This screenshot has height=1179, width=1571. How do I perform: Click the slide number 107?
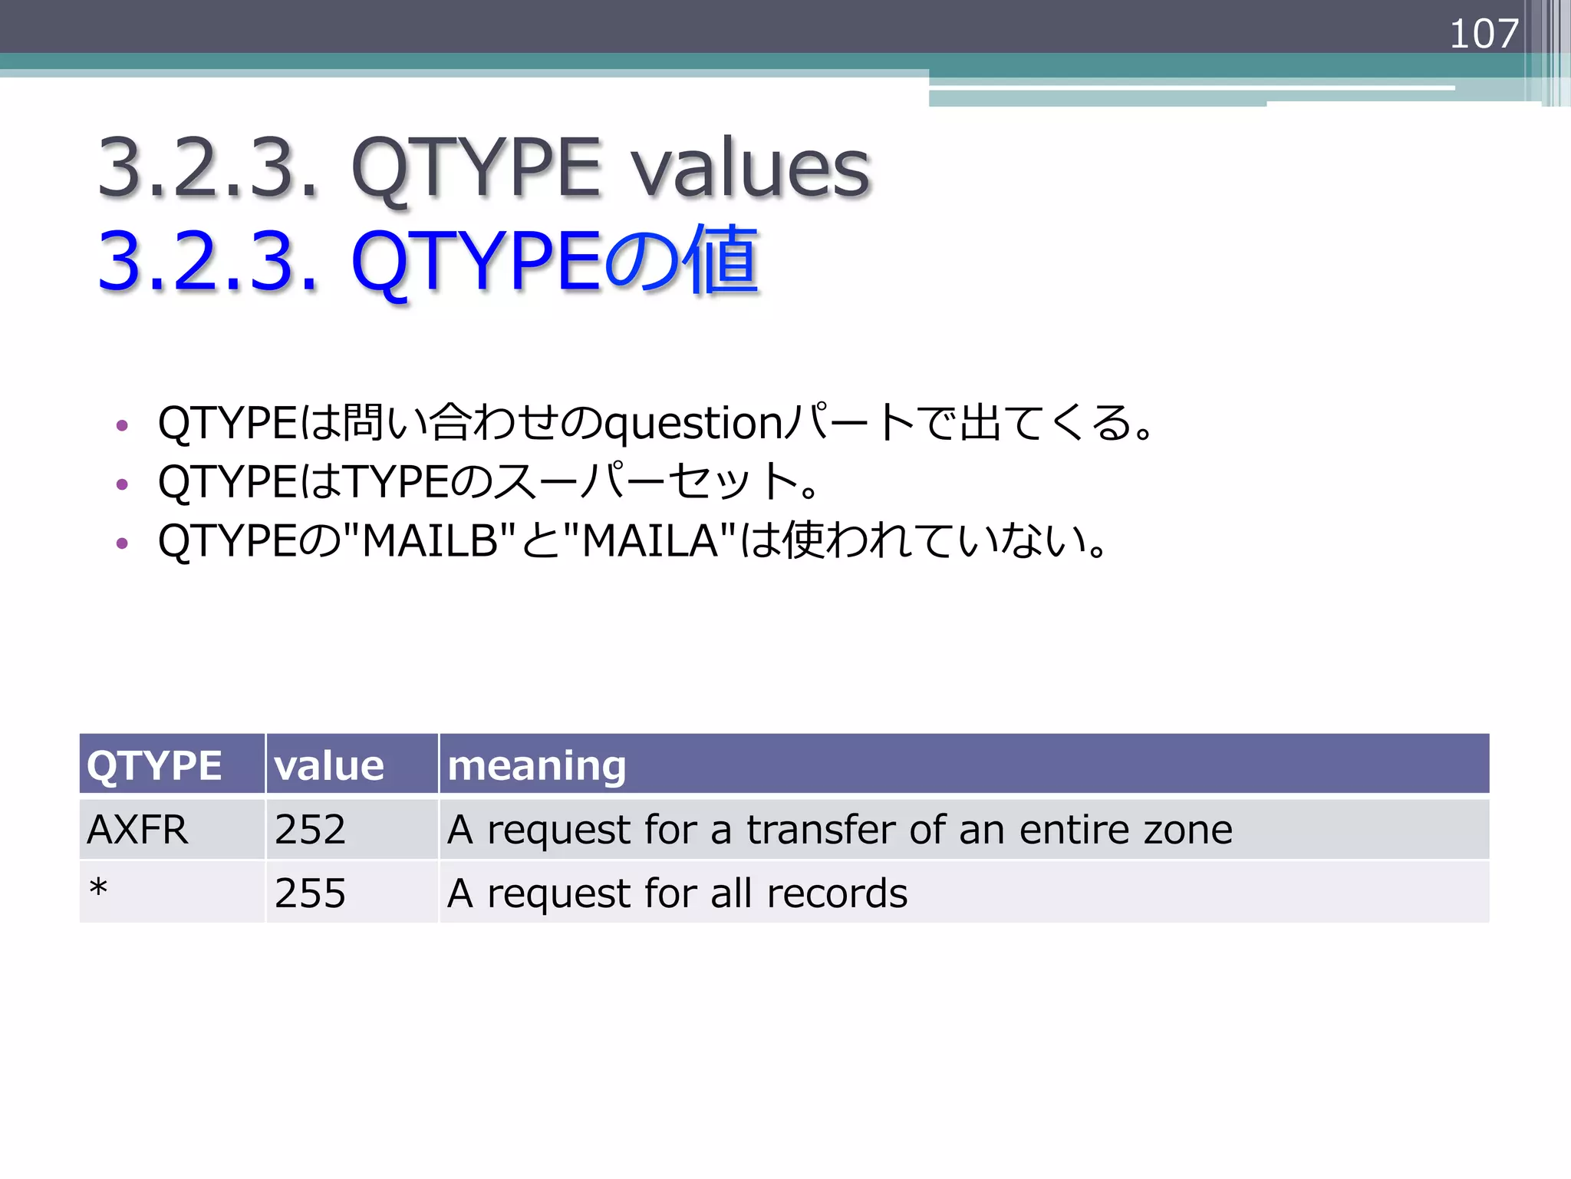(1484, 34)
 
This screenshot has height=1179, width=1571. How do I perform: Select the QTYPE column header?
(154, 765)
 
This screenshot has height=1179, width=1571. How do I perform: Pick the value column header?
(329, 765)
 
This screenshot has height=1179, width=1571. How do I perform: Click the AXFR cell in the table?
(137, 830)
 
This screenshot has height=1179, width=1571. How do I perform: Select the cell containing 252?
(310, 830)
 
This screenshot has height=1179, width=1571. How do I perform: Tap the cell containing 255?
(310, 893)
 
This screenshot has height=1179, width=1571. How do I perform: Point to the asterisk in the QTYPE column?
(98, 889)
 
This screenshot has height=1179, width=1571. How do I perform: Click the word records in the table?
(837, 893)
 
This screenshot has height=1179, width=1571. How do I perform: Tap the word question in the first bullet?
(693, 424)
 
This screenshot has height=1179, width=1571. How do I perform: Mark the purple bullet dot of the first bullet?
(121, 425)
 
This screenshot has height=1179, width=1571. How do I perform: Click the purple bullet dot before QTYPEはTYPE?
(121, 484)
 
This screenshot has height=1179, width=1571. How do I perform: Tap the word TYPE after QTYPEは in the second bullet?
(396, 482)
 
